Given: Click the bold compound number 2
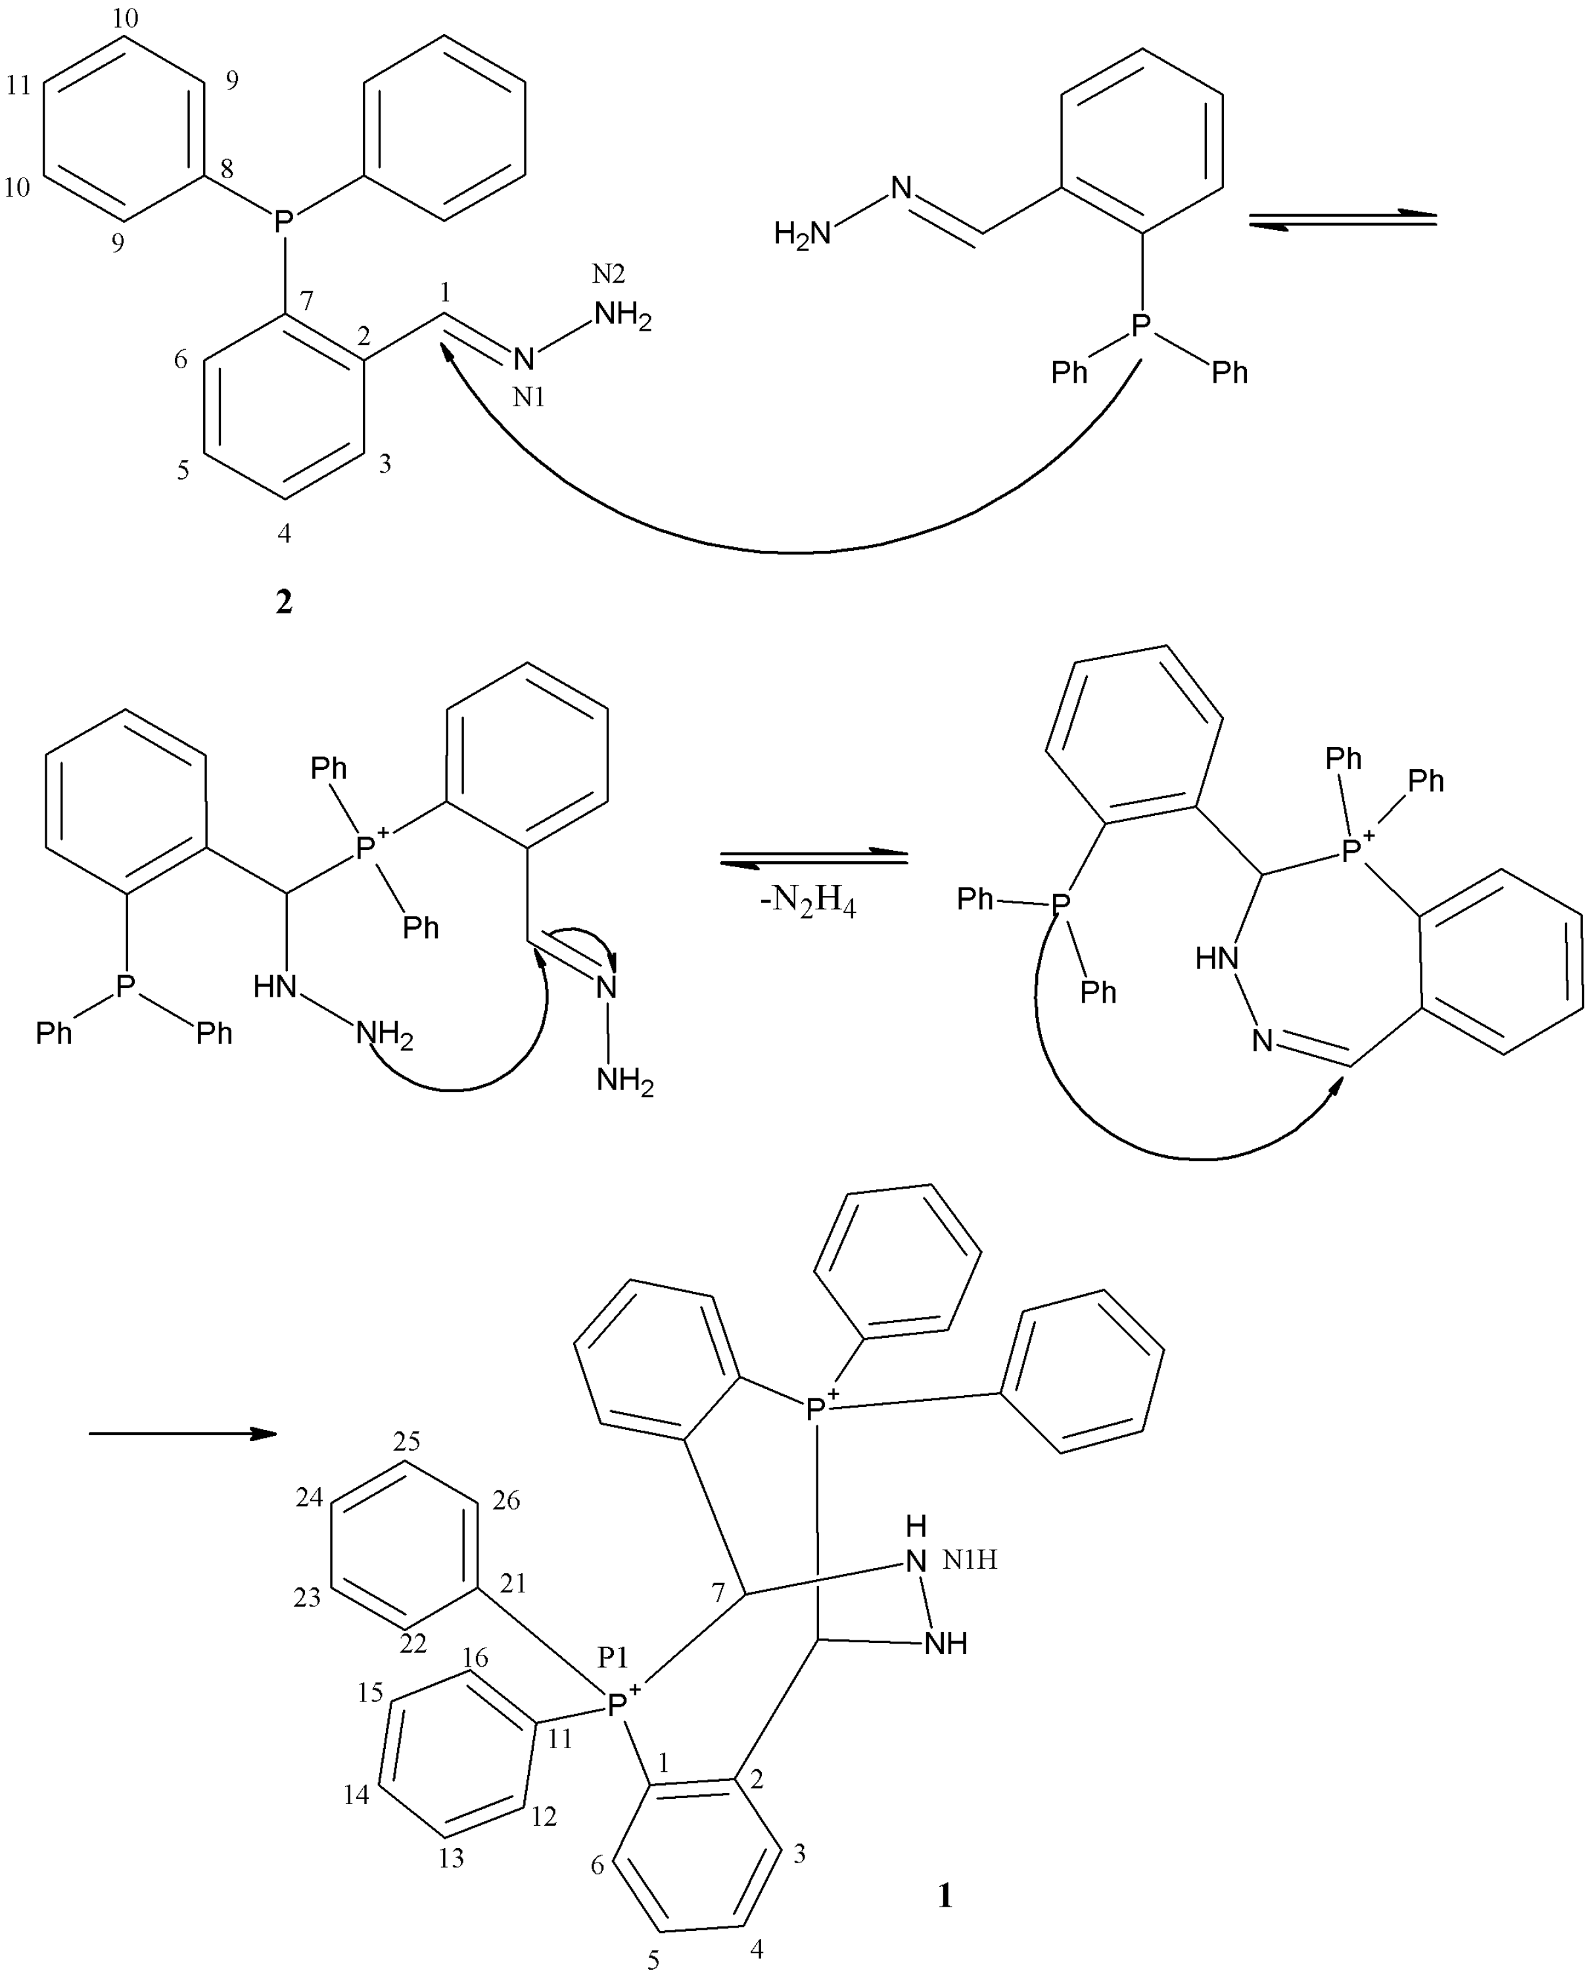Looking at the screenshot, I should click(285, 602).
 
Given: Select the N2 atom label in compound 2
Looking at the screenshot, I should click(608, 274).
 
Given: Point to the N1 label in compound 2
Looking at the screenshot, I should click(529, 398).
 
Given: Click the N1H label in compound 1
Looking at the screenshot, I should click(970, 1559).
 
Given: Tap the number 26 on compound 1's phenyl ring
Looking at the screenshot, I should click(506, 1500).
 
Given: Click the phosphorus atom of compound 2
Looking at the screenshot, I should click(285, 220).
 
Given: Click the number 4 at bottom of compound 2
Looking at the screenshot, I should click(285, 533).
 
